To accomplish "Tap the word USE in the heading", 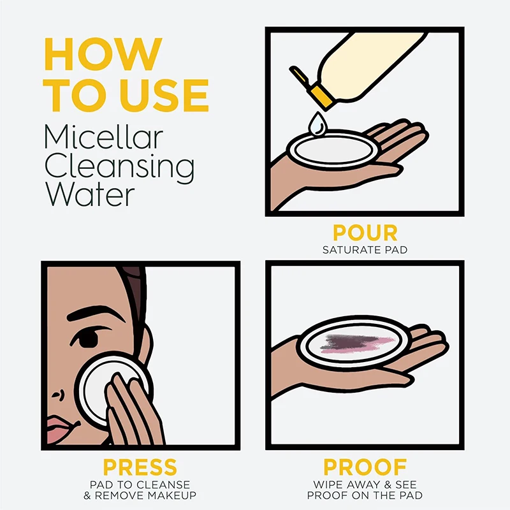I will point(159,96).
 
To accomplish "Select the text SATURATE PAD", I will point(364,249).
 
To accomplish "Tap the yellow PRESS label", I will point(140,467).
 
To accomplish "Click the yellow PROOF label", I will point(364,467).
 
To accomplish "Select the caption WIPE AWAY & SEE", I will point(364,485).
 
